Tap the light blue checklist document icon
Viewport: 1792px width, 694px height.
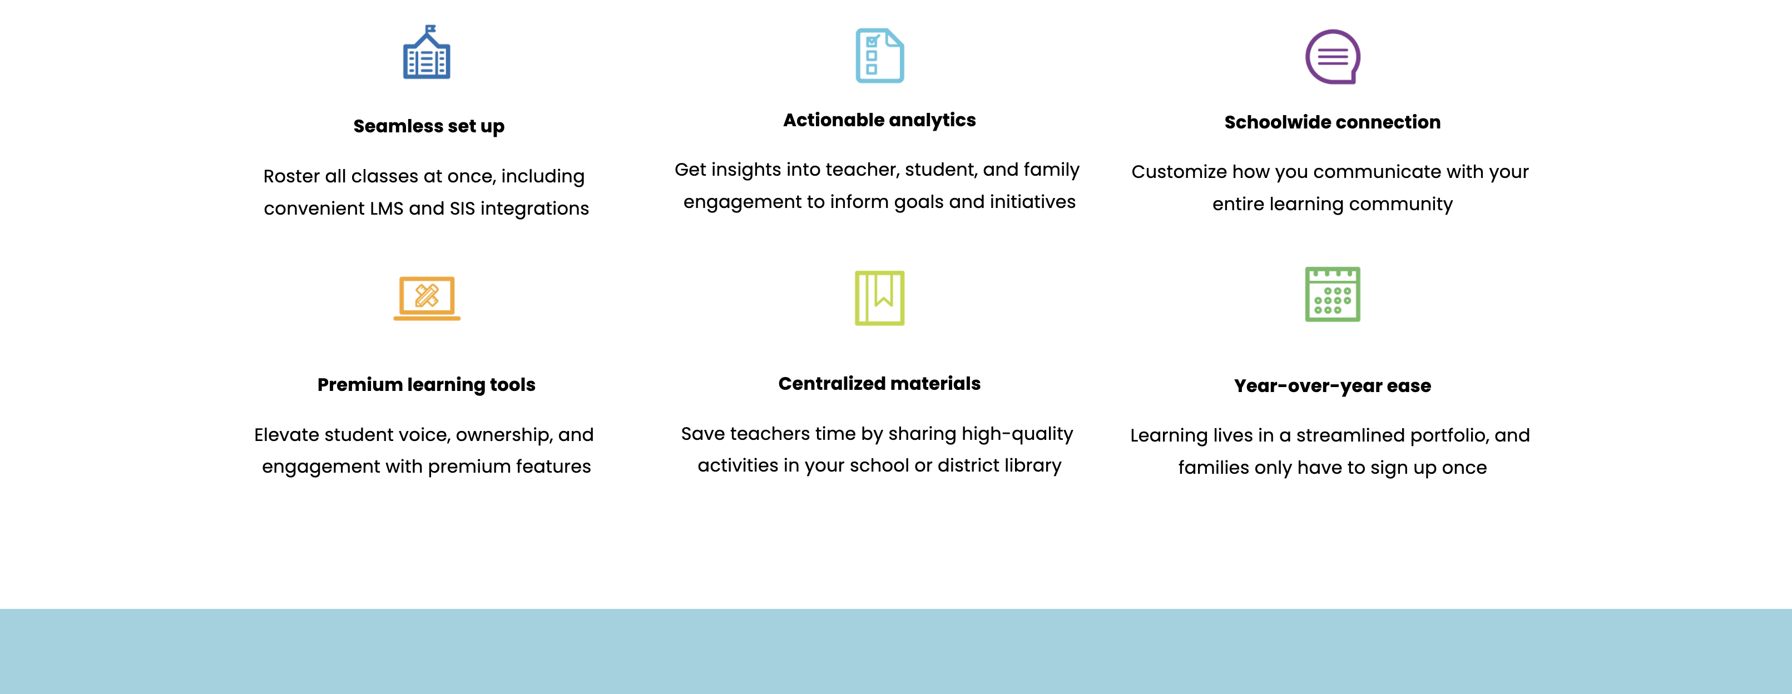[879, 56]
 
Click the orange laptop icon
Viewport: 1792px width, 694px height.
[427, 298]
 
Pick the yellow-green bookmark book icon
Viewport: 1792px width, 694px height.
[879, 298]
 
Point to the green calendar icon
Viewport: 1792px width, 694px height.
[1332, 294]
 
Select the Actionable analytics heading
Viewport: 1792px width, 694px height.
[879, 120]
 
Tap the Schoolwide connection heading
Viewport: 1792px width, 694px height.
[1332, 122]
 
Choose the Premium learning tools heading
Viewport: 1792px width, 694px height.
[427, 385]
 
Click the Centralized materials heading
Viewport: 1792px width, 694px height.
[879, 383]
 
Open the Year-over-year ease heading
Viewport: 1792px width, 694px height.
[1332, 386]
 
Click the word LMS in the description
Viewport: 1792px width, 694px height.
[386, 209]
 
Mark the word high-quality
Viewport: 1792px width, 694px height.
[1017, 434]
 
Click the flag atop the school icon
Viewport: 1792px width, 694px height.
[430, 29]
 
